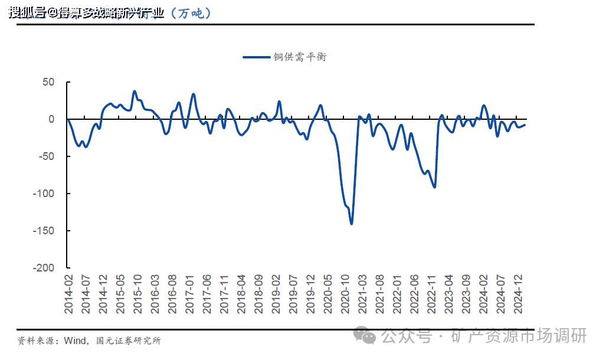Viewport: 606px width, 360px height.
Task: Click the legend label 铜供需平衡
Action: (299, 57)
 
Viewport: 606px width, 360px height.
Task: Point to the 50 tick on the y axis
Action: (48, 82)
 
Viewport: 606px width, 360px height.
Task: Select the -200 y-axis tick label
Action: (44, 267)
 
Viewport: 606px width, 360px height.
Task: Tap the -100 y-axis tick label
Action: (44, 194)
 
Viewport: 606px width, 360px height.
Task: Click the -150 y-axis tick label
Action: (44, 230)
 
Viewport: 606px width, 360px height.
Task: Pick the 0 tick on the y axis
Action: (51, 119)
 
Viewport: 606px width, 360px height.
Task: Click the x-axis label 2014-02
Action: (68, 293)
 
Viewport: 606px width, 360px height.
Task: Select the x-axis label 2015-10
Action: (137, 293)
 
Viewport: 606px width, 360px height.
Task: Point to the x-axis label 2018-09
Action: (258, 293)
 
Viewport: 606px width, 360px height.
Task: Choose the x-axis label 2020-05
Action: (327, 293)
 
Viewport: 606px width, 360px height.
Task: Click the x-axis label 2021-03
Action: (362, 293)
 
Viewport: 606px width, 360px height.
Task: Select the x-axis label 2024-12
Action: (517, 293)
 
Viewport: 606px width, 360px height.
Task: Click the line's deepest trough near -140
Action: (352, 224)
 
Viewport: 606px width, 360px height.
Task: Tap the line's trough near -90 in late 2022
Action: (435, 187)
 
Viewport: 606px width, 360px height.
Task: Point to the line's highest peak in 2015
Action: (135, 91)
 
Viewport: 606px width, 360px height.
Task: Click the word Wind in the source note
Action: (75, 341)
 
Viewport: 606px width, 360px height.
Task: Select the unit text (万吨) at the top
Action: (190, 13)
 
